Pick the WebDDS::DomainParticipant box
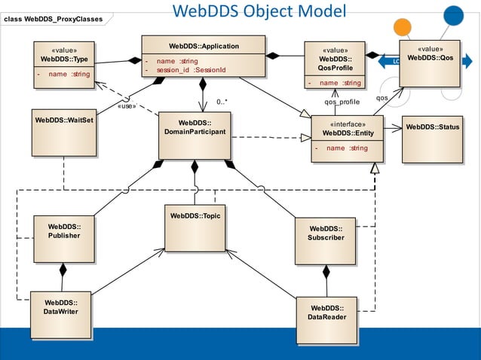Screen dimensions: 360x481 (x=194, y=136)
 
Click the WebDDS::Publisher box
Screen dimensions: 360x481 (x=63, y=239)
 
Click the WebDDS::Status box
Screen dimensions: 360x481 (x=432, y=139)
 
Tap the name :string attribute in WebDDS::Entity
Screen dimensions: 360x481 (x=347, y=148)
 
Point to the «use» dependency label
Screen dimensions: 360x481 (x=127, y=106)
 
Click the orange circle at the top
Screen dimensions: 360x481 (x=403, y=26)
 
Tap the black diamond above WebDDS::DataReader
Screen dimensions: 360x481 (x=326, y=271)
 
